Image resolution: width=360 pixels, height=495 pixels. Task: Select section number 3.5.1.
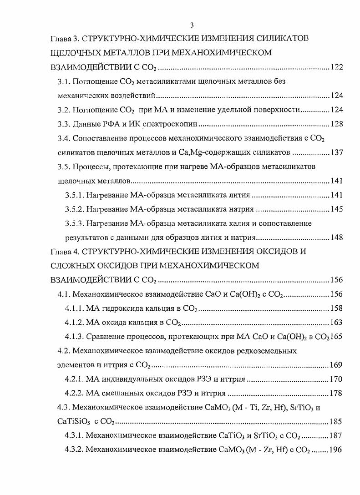(x=74, y=195)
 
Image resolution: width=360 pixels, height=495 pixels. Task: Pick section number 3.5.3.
(x=74, y=223)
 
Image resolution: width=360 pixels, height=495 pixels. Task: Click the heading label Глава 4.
(x=65, y=252)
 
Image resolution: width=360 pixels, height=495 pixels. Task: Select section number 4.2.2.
(x=74, y=394)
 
